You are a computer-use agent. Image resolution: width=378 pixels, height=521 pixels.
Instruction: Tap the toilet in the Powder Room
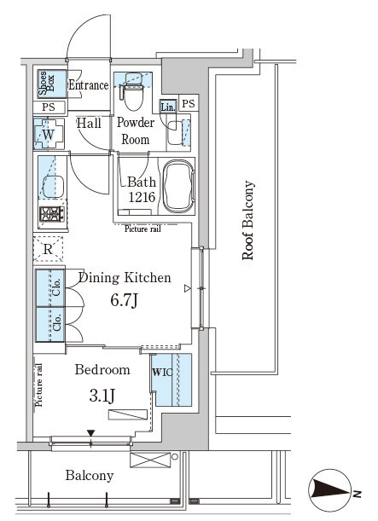tap(133, 92)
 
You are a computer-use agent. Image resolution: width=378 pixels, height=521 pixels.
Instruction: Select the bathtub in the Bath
tap(179, 186)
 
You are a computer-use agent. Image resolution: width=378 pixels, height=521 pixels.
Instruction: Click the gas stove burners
tap(52, 214)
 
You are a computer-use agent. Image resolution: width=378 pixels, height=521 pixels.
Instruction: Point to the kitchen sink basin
tap(53, 187)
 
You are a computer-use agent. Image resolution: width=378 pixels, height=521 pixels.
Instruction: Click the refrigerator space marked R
tap(48, 249)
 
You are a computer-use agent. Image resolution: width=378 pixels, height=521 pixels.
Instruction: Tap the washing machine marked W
tap(48, 135)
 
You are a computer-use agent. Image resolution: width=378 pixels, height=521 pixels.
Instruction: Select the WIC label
tap(162, 372)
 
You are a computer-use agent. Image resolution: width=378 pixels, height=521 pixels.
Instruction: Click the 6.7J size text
tap(124, 300)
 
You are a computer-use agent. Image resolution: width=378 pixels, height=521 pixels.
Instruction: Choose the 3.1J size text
tap(102, 396)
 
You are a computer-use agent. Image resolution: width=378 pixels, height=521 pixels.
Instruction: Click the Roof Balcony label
tap(248, 220)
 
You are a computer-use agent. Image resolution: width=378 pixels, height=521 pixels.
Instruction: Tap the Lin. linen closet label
tap(168, 107)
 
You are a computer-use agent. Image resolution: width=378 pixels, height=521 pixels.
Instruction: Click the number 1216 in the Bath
tap(142, 197)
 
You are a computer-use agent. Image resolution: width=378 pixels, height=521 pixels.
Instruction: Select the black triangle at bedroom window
tap(90, 433)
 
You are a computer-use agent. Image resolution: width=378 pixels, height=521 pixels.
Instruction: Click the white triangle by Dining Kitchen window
tap(188, 288)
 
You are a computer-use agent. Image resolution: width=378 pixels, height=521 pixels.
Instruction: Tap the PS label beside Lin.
tap(189, 104)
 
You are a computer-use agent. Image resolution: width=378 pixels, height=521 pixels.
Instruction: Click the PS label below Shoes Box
tap(49, 107)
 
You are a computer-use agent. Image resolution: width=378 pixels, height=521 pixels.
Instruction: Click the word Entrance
tap(89, 85)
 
